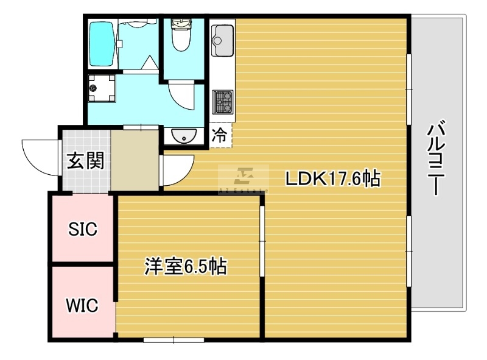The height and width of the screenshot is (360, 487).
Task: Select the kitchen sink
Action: click(x=222, y=40)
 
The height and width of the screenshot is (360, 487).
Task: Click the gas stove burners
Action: click(x=222, y=102)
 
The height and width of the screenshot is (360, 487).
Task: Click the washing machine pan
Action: click(x=102, y=88)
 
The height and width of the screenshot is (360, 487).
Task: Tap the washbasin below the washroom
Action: click(x=184, y=136)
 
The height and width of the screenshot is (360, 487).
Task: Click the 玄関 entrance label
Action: click(x=86, y=160)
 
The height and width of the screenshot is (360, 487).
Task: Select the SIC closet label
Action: click(x=83, y=229)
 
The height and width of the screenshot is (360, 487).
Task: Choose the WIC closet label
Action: click(x=82, y=305)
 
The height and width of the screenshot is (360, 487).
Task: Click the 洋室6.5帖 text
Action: click(x=186, y=266)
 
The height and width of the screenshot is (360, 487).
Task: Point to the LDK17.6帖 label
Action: click(x=332, y=178)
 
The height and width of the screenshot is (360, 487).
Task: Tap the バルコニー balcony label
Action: click(x=436, y=158)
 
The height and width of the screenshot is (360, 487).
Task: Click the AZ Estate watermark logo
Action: click(x=243, y=179)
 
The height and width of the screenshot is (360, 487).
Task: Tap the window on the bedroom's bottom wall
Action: click(x=173, y=340)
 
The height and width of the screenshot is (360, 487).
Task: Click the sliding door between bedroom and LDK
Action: click(x=262, y=241)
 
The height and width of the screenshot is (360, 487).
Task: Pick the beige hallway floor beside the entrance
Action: click(x=135, y=160)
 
